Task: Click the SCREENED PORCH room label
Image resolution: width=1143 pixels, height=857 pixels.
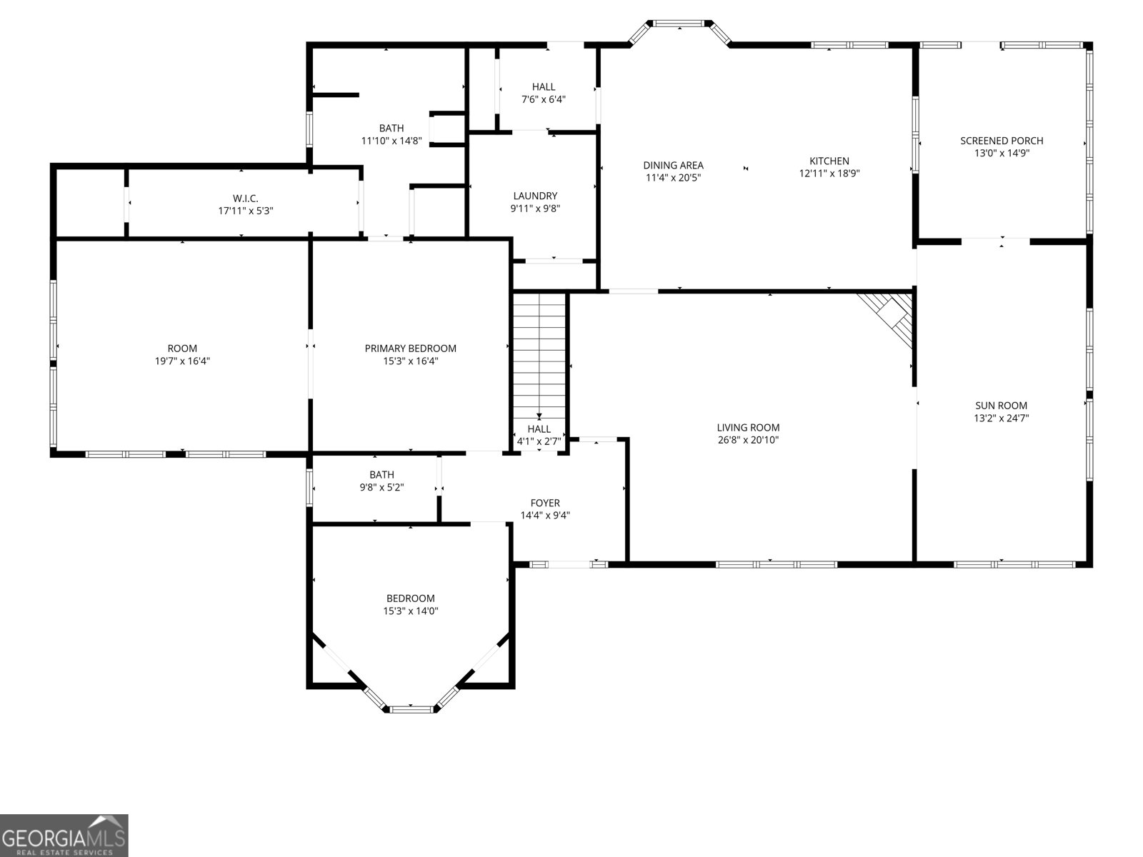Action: coord(1002,141)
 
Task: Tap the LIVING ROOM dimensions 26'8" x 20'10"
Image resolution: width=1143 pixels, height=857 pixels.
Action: coord(748,440)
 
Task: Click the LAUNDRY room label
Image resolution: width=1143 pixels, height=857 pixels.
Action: coord(535,196)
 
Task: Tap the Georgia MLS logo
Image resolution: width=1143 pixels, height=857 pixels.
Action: coord(64,835)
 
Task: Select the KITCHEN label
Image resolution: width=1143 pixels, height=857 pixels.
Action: coord(829,161)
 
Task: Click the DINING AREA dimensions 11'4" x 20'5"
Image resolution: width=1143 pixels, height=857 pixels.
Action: coord(673,177)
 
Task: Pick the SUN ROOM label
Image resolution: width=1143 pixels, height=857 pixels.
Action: coord(1001,406)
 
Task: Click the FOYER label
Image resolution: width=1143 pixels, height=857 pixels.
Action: coord(544,503)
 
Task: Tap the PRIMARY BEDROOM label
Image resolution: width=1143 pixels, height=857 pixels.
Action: coord(410,349)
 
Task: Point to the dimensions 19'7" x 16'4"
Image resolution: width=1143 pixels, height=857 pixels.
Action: coord(182,361)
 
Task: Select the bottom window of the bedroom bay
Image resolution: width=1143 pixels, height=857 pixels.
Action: coord(411,708)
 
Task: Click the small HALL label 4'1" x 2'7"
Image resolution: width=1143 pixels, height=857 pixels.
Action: coord(539,428)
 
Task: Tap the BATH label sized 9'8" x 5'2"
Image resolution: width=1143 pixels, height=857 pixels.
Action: coord(381,474)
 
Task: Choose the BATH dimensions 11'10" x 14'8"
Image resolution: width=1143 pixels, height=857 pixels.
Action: coord(391,141)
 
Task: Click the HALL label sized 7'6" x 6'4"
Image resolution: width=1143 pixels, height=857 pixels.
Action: coord(543,87)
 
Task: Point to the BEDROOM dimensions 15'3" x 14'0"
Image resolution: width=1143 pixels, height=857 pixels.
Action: coord(410,611)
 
